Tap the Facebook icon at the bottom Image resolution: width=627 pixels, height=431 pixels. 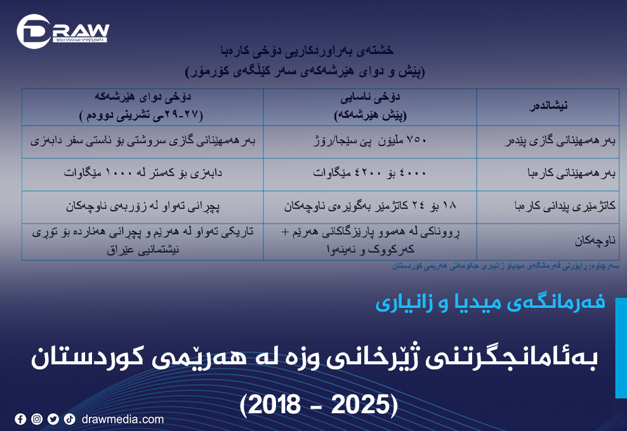point(20,419)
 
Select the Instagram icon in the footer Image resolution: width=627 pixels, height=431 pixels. point(37,419)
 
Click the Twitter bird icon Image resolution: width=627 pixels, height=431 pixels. point(53,419)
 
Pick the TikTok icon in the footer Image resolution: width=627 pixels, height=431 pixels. point(69,419)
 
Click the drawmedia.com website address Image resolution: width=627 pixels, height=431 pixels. point(122,419)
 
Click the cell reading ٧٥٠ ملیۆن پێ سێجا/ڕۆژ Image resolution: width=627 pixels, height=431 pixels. point(370,142)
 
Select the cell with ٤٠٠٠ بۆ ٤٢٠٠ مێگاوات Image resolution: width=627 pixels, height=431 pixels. point(370,174)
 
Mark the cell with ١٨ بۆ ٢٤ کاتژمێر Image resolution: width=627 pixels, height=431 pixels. point(370,207)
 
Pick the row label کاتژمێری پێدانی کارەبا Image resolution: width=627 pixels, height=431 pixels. point(548,207)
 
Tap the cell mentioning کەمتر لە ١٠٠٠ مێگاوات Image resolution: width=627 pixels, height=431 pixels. point(143,174)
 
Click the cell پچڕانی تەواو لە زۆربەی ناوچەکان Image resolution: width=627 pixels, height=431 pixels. point(143,207)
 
